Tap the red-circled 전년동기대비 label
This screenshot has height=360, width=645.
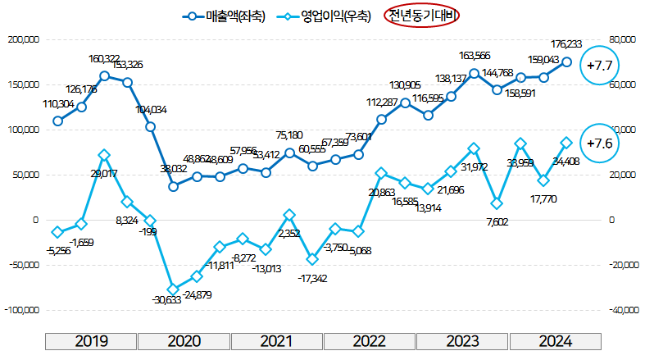pyautogui.click(x=421, y=16)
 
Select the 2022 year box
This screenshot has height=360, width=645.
pyautogui.click(x=370, y=342)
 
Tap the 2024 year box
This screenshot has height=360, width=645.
pyautogui.click(x=556, y=342)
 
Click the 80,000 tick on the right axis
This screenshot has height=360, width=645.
pyautogui.click(x=622, y=39)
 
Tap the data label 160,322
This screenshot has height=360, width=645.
pyautogui.click(x=107, y=58)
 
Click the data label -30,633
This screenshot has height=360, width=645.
pyautogui.click(x=168, y=300)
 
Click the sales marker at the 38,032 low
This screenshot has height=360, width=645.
pyautogui.click(x=174, y=186)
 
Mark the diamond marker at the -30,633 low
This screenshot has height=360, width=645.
pyautogui.click(x=174, y=289)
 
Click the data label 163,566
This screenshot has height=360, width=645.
pyautogui.click(x=475, y=57)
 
